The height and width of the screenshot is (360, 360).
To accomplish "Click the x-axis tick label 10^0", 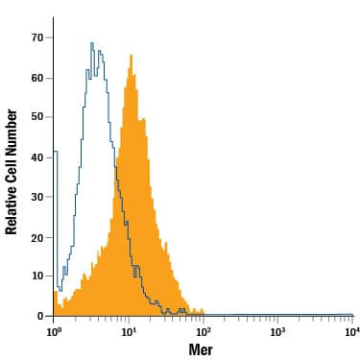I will coord(55,331).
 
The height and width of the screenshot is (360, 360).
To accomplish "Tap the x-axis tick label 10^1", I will coord(129,331).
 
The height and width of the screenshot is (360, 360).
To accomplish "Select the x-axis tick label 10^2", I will coord(204,331).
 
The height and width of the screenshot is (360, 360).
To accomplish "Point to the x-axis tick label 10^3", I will coord(277,331).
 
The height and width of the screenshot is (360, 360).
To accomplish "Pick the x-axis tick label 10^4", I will coord(351,331).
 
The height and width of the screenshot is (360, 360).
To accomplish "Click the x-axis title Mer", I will coord(201,349).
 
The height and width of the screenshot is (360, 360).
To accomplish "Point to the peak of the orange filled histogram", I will coord(130,56).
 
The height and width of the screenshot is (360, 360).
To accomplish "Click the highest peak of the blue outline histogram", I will coord(91,43).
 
